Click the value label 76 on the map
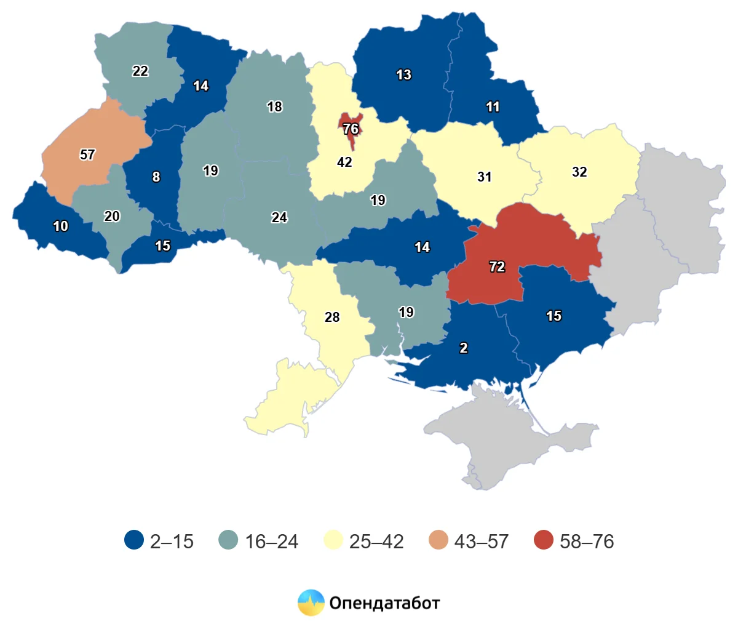pos(351,129)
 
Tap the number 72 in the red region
pos(497,266)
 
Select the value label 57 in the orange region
pos(87,154)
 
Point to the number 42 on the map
pos(344,162)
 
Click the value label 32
pos(579,172)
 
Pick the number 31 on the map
pos(485,177)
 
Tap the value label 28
pos(332,317)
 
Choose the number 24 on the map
pos(279,217)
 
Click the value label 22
pos(140,71)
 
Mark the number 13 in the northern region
pos(403,74)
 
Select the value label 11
pos(493,106)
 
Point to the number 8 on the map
pos(156,177)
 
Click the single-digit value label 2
pos(464,348)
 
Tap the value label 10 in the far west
pos(60,226)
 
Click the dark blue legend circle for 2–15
pos(134,540)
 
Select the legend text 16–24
pos(271,542)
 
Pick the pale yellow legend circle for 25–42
pos(333,540)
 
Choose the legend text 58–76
pos(587,542)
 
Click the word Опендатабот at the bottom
pos(384,602)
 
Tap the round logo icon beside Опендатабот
pos(311,602)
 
